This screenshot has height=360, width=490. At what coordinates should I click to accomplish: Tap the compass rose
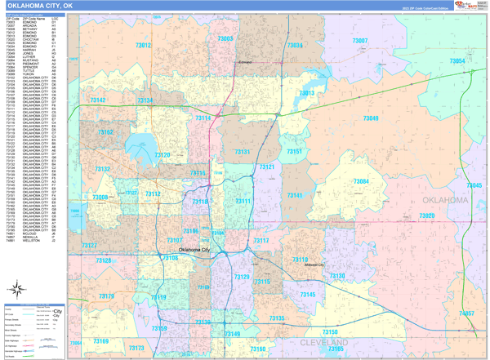pyautogui.click(x=16, y=288)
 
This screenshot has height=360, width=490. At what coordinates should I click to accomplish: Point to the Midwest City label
pyautogui.click(x=314, y=265)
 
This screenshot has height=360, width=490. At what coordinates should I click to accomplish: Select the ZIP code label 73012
pyautogui.click(x=143, y=46)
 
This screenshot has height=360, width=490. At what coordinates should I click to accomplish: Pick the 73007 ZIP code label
pyautogui.click(x=360, y=41)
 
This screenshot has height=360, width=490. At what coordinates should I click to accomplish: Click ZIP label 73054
pyautogui.click(x=457, y=61)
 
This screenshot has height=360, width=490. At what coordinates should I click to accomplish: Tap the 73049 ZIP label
pyautogui.click(x=370, y=118)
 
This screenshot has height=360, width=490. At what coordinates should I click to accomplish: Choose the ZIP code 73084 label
pyautogui.click(x=361, y=181)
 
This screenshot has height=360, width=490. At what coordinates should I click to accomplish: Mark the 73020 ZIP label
pyautogui.click(x=426, y=216)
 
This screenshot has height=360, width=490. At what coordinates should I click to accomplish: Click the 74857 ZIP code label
pyautogui.click(x=465, y=313)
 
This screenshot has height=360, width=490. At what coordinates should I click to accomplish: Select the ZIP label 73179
pyautogui.click(x=106, y=296)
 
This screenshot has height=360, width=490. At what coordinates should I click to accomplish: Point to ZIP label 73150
pyautogui.click(x=329, y=332)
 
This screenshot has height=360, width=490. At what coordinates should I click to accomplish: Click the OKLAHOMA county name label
pyautogui.click(x=445, y=200)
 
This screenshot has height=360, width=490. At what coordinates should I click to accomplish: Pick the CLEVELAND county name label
pyautogui.click(x=324, y=343)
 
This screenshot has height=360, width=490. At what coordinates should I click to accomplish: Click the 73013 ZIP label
pyautogui.click(x=306, y=93)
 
